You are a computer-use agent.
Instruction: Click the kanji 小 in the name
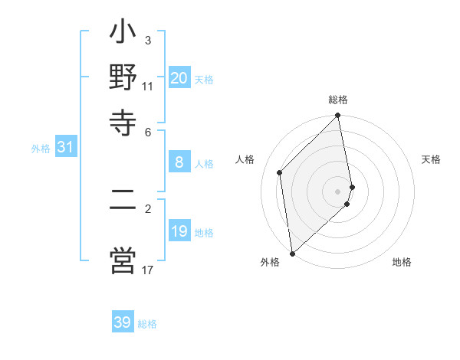[x=123, y=35]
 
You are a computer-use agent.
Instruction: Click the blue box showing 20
[x=179, y=78]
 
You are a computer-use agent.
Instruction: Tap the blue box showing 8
[x=179, y=162]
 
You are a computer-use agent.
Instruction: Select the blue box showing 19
[x=179, y=231]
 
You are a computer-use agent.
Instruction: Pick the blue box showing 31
[x=65, y=148]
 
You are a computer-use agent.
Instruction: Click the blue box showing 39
[x=123, y=322]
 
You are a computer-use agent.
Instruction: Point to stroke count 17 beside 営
[x=148, y=270]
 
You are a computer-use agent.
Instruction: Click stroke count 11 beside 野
[x=148, y=87]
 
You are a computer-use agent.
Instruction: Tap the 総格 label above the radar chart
[x=338, y=100]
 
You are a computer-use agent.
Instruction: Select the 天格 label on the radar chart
[x=432, y=159]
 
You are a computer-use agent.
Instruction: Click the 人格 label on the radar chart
[x=245, y=159]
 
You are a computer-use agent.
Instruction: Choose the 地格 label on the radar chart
[x=402, y=262]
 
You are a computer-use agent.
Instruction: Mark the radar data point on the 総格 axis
[x=338, y=116]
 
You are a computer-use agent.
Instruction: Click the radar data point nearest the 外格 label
[x=292, y=253]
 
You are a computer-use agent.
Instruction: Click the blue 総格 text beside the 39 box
[x=147, y=324]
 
